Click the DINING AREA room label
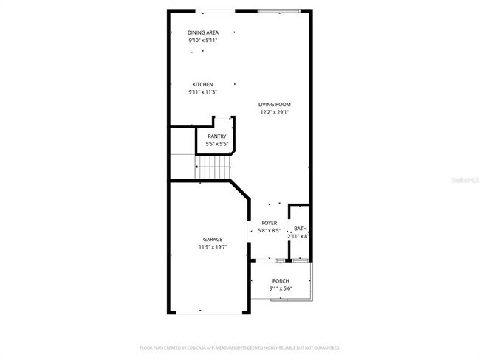tap(202, 32)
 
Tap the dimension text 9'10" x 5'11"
tap(202, 41)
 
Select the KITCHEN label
tap(202, 84)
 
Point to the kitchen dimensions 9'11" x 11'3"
tap(202, 92)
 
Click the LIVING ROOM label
tap(274, 105)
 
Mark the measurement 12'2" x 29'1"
tap(274, 113)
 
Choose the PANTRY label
tap(216, 136)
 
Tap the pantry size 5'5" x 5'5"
tap(216, 144)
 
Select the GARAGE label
tap(213, 239)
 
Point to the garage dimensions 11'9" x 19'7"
tap(213, 247)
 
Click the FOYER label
tap(269, 223)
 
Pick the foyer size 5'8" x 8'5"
tap(269, 231)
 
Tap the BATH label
tap(300, 229)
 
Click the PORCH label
tap(281, 280)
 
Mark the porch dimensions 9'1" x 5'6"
tap(281, 288)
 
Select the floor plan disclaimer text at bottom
tap(240, 347)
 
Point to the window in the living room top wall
tap(279, 10)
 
